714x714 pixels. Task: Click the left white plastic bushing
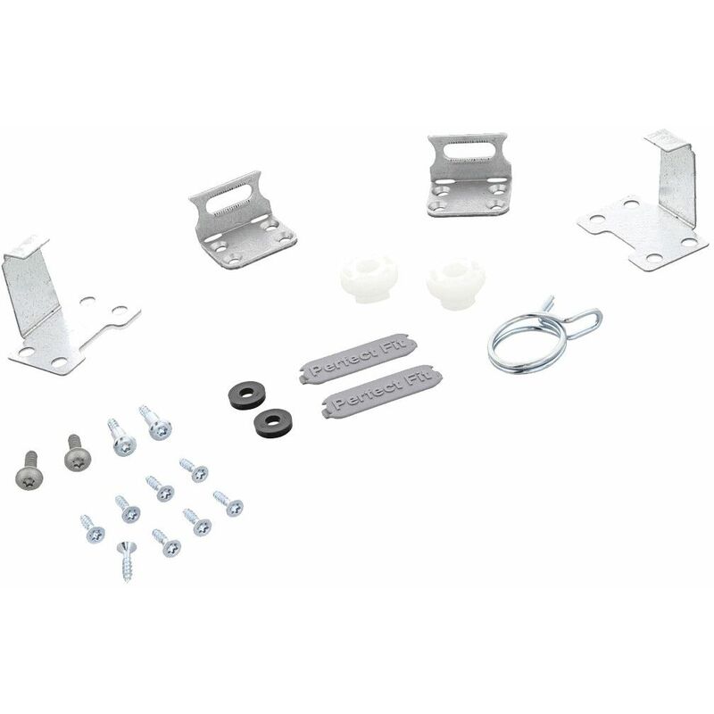coord(369,278)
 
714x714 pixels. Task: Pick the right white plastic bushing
coord(455,283)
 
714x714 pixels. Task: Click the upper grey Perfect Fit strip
coord(358,359)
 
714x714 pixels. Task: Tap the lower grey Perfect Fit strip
coord(381,391)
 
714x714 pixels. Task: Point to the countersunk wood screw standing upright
coord(127,561)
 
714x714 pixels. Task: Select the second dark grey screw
coord(78,453)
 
